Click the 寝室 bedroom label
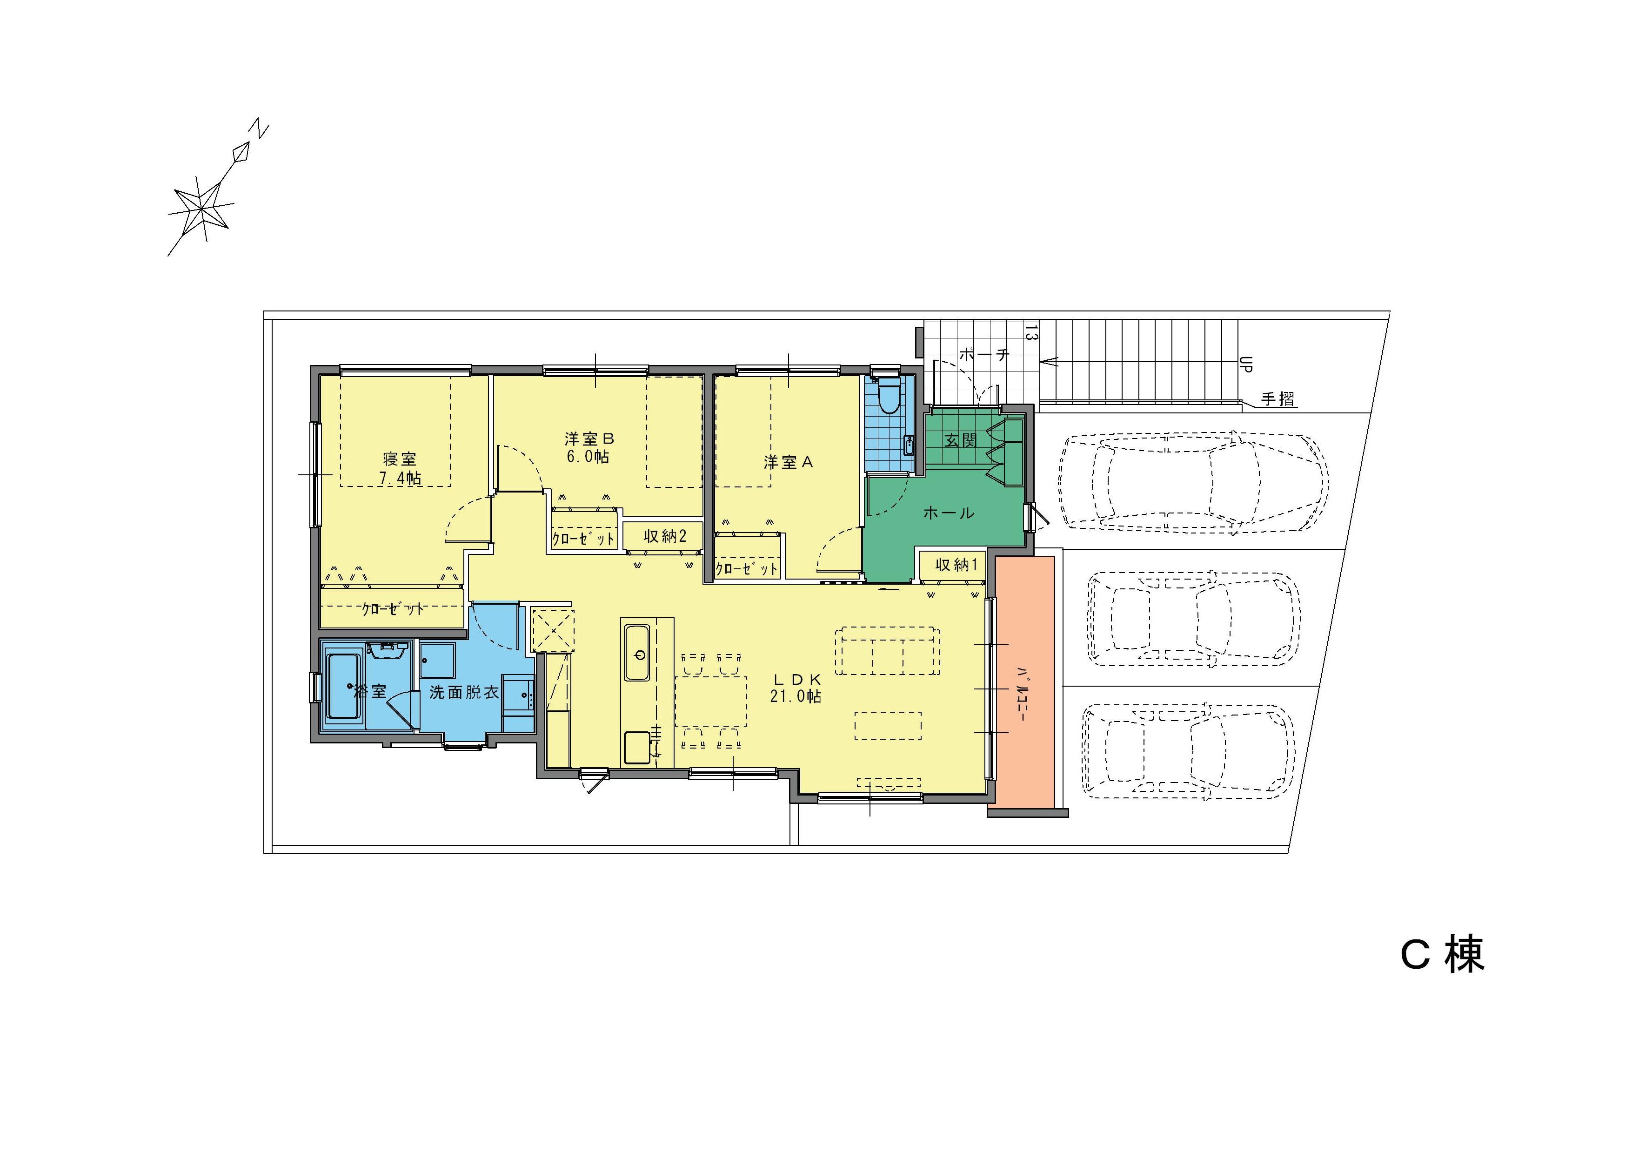coord(400,459)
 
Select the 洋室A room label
coord(788,462)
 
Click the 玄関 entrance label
coord(961,440)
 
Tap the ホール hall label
coord(948,513)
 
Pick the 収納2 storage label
coord(665,536)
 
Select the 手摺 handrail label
coord(1278,399)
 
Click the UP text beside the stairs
coord(1245,365)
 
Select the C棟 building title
coord(1442,955)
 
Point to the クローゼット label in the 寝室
coord(393,608)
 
